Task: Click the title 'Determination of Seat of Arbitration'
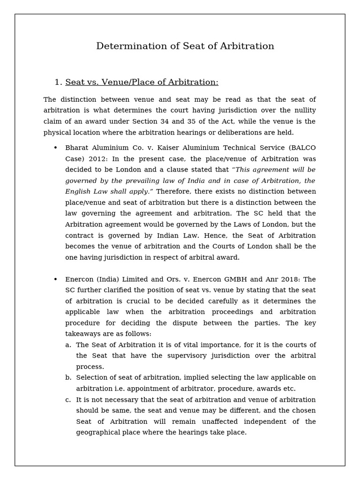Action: pos(185,46)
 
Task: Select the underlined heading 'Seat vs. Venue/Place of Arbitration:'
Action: pos(142,82)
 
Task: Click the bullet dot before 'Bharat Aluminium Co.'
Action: pos(55,148)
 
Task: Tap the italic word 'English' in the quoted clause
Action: pos(78,192)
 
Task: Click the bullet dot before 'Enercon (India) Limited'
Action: pos(55,279)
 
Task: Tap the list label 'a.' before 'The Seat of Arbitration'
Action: pos(68,345)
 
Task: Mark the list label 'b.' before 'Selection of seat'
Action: pos(68,378)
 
